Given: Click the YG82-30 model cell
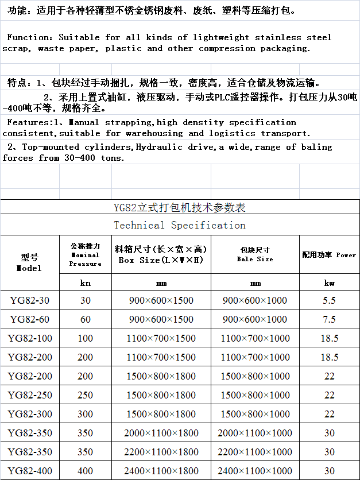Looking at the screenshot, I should pos(30,300).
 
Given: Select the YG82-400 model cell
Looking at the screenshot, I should pos(30,471).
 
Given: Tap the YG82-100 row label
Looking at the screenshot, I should pos(30,338).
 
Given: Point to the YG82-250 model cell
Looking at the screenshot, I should pos(30,395).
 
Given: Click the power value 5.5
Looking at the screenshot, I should pos(329,300).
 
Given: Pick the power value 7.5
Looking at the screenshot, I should pos(329,319).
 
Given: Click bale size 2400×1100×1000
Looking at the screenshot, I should pos(256,471).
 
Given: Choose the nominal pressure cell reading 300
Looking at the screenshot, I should pos(85,414).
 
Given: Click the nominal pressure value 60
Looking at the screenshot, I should pos(85,319).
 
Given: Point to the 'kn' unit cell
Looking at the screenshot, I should pos(85,283).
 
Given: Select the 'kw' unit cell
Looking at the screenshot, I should pos(329,283).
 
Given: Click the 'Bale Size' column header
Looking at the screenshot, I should pos(255,255).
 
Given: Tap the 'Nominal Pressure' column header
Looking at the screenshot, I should pos(85,255).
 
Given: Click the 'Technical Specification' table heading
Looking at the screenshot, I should pos(180,225).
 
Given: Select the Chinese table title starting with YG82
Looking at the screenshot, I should pos(180,207).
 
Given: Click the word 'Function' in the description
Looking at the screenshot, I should pos(32,37).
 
